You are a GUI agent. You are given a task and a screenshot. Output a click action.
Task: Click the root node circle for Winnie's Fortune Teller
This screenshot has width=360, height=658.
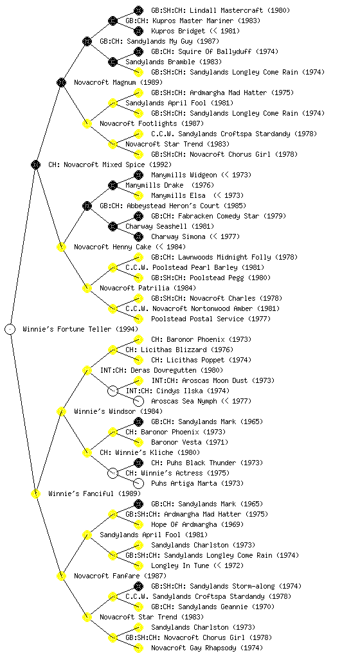10,329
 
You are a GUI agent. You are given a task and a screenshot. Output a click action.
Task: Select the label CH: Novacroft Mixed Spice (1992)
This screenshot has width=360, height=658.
110,164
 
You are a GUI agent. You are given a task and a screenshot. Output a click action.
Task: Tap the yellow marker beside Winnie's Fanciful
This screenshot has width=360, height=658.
35,493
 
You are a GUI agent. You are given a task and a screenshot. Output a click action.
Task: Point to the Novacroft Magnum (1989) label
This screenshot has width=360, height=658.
118,82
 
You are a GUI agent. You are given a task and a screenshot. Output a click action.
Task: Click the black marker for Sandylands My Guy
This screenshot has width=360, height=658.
87,41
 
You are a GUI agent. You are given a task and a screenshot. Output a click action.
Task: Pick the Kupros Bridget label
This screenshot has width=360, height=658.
195,31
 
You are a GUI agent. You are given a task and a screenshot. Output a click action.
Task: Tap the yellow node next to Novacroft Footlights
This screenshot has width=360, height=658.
87,123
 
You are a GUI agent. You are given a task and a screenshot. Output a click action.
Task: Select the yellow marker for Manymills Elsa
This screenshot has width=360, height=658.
138,195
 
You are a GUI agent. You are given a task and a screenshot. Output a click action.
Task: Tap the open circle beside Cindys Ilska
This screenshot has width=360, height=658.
113,391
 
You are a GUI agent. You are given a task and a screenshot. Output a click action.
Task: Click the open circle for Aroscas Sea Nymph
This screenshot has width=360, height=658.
138,401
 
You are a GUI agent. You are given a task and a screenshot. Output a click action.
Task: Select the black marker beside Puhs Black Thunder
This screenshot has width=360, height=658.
138,463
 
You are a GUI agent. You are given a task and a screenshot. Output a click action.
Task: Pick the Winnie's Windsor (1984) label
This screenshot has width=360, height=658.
118,411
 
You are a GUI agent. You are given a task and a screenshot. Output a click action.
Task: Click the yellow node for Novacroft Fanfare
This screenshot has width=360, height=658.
61,576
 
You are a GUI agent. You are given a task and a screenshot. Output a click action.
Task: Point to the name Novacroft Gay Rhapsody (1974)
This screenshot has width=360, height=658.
207,648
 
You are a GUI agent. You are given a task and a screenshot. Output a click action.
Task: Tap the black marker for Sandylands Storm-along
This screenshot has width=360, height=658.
138,586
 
